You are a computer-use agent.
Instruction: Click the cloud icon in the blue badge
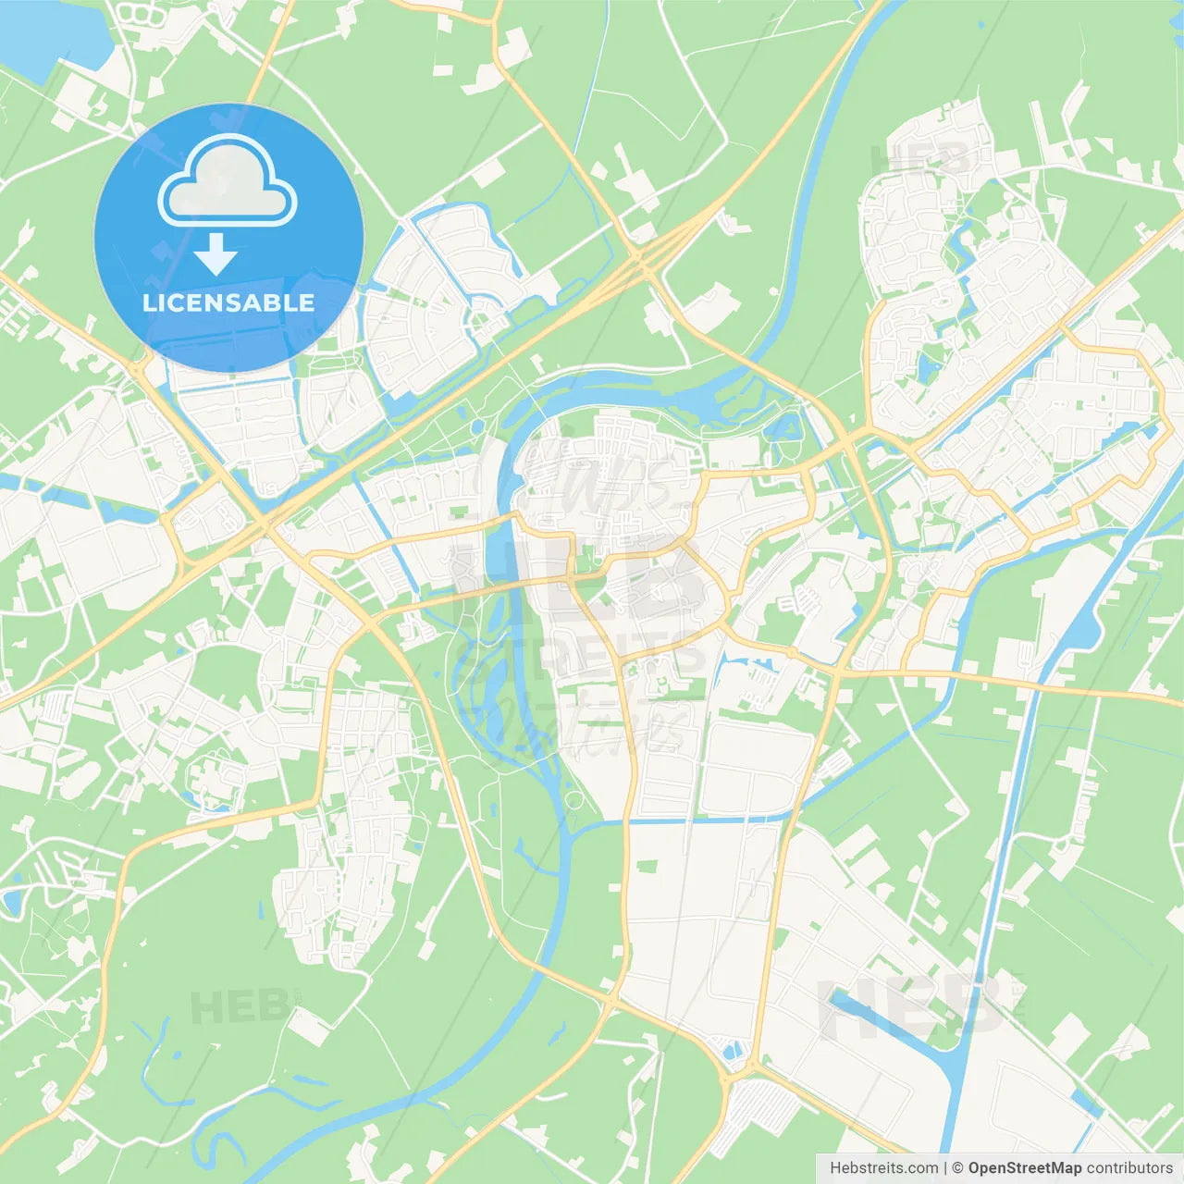tap(228, 182)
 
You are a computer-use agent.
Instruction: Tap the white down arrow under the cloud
tap(216, 253)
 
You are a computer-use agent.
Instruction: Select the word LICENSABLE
tap(228, 302)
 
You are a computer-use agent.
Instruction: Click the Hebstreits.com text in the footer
tap(883, 1168)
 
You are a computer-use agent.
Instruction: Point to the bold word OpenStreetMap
tap(1024, 1168)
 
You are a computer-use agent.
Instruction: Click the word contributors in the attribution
tap(1129, 1168)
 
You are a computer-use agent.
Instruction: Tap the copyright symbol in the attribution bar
tap(957, 1168)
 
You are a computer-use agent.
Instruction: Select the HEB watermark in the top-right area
tap(920, 157)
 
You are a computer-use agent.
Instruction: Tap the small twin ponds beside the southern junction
tap(733, 1051)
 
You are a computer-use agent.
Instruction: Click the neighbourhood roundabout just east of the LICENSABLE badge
tap(481, 323)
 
